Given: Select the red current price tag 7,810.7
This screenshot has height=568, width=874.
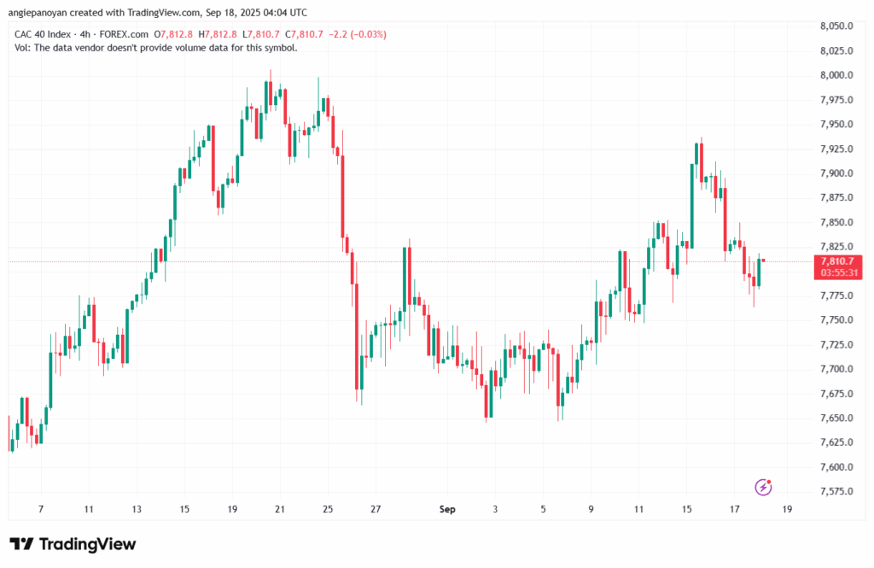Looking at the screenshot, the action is pos(838,261).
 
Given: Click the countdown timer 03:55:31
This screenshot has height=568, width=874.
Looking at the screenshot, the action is pos(839,272).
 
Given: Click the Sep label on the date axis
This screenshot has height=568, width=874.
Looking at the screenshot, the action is pos(447,509).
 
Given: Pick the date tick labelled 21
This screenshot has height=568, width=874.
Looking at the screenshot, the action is pos(280,509).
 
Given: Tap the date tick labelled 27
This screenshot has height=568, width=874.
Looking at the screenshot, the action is pos(376,509).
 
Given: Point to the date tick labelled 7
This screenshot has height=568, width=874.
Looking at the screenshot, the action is pos(41,509).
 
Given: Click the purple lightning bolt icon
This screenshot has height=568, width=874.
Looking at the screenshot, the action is pos(763,487).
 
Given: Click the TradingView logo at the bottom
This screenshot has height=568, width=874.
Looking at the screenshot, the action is pos(73,544).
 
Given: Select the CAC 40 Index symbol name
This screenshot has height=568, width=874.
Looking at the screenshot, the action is pos(43,35).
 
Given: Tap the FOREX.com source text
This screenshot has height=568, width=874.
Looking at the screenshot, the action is pos(124,35).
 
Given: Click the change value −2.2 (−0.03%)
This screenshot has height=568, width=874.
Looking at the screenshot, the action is pos(358,35).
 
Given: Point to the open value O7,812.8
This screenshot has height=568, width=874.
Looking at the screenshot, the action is pos(173,35).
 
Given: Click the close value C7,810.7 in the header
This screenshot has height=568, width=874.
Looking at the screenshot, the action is pos(304,35).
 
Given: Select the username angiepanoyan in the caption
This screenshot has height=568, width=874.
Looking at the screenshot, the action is pos(38,12).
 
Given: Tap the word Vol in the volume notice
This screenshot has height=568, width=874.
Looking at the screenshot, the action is pos(21,48).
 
